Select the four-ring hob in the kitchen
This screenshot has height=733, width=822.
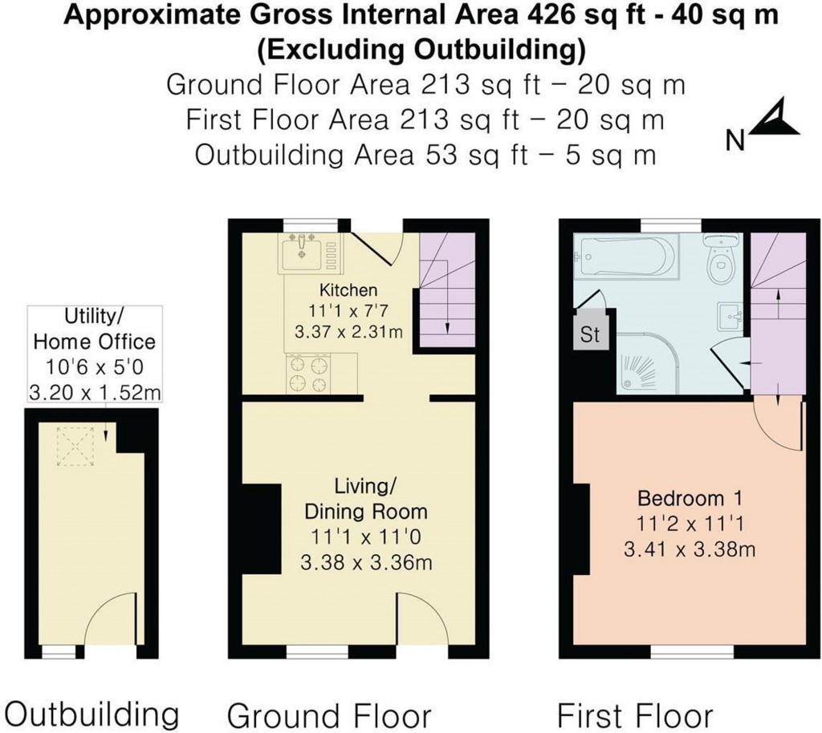309,375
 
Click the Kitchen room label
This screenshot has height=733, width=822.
348,290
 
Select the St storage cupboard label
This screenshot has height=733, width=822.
590,334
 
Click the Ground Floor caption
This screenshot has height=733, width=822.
329,714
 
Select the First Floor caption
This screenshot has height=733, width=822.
634,714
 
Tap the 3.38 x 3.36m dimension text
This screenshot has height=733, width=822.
366,563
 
